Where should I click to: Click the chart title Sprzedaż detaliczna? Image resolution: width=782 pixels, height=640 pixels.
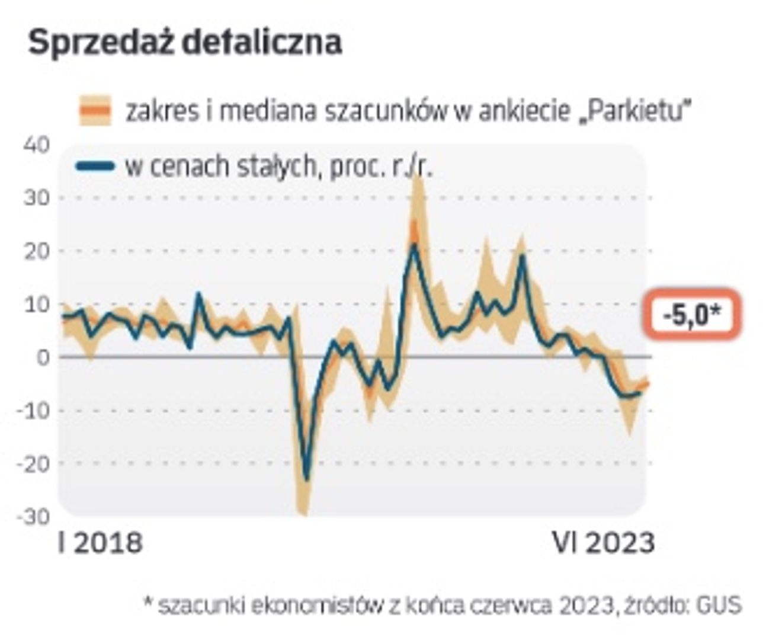(185, 43)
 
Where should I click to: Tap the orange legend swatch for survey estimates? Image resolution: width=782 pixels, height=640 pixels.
(95, 110)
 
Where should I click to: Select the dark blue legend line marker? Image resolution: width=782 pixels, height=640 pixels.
(95, 167)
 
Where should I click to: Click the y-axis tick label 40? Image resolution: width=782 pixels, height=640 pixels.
(37, 145)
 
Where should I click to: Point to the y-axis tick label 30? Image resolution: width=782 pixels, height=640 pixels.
(37, 197)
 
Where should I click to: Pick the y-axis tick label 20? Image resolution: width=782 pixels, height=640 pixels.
(37, 251)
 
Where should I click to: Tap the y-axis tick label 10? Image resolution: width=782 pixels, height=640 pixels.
(37, 304)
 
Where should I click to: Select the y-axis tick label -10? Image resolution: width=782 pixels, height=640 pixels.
(33, 410)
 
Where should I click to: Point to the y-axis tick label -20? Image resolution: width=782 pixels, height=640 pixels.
(33, 463)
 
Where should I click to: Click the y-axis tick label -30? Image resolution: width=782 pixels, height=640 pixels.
(33, 516)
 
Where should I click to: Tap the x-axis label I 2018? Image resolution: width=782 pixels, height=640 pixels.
(101, 542)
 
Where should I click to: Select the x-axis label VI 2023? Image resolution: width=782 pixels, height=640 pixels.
(603, 542)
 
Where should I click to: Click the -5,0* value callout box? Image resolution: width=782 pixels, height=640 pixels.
(693, 315)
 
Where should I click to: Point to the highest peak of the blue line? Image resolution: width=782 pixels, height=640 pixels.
(415, 245)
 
